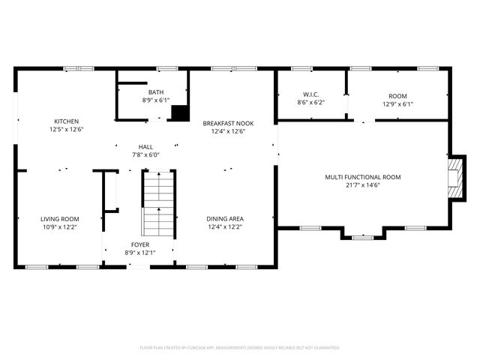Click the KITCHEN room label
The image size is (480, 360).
(x=66, y=121)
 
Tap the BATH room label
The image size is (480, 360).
(x=155, y=92)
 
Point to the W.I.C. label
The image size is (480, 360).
(x=311, y=94)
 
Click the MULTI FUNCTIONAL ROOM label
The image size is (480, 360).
(x=362, y=177)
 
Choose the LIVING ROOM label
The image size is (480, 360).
(x=59, y=218)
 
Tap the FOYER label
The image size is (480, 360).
(x=140, y=244)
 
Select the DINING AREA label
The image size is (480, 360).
(x=224, y=218)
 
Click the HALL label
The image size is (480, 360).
(x=145, y=147)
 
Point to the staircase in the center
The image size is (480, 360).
(x=158, y=202)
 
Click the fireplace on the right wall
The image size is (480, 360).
(x=455, y=178)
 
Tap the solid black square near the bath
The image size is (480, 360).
(x=179, y=112)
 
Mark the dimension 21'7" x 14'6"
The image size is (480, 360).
(x=362, y=185)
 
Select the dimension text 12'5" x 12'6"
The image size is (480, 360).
(x=66, y=130)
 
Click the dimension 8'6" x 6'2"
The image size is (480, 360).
(x=311, y=103)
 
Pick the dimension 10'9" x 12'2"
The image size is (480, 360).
(x=59, y=226)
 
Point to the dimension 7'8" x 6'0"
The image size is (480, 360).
(x=145, y=155)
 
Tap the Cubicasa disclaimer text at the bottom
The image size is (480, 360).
(x=240, y=348)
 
